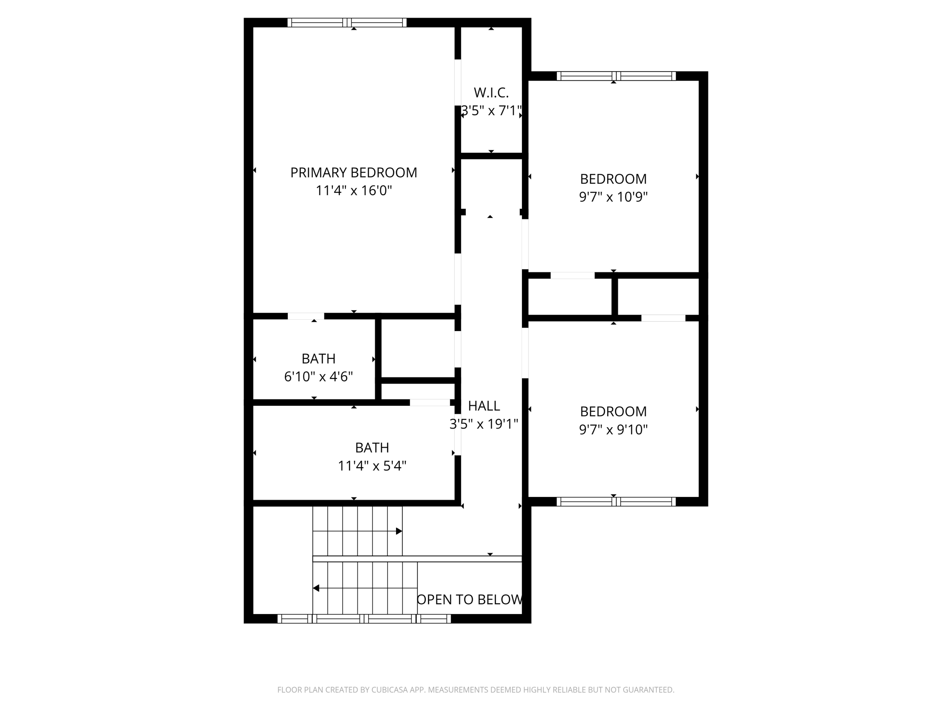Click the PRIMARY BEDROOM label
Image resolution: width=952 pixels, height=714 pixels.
point(353,172)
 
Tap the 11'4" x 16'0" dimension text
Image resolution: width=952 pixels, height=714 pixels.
point(353,191)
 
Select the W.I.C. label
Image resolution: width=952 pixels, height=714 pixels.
point(491,93)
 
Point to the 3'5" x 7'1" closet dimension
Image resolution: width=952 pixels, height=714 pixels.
point(491,111)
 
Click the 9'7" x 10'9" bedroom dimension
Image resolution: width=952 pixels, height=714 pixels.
point(613,197)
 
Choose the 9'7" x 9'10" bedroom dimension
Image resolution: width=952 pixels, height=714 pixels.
point(613,430)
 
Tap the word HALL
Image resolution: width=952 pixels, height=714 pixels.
point(484,406)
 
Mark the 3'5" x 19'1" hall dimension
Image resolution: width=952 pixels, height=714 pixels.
point(483,424)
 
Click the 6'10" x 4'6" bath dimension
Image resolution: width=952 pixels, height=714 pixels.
point(318,377)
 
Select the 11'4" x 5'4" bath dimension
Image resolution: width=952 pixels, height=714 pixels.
point(372,466)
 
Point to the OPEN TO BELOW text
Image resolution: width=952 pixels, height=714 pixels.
point(469,600)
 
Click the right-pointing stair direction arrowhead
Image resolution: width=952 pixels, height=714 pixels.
point(399,531)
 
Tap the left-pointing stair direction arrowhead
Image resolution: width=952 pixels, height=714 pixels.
point(316,588)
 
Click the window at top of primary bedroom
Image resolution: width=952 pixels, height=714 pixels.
point(347,22)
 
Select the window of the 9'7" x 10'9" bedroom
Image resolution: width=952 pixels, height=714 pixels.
point(616,76)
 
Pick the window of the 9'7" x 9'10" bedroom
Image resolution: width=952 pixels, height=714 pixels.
point(616,502)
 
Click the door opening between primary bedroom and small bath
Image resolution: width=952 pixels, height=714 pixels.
point(305,316)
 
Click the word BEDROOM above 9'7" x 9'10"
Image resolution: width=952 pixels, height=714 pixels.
point(613,411)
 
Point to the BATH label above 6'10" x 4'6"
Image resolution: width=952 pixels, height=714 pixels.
point(318,359)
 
